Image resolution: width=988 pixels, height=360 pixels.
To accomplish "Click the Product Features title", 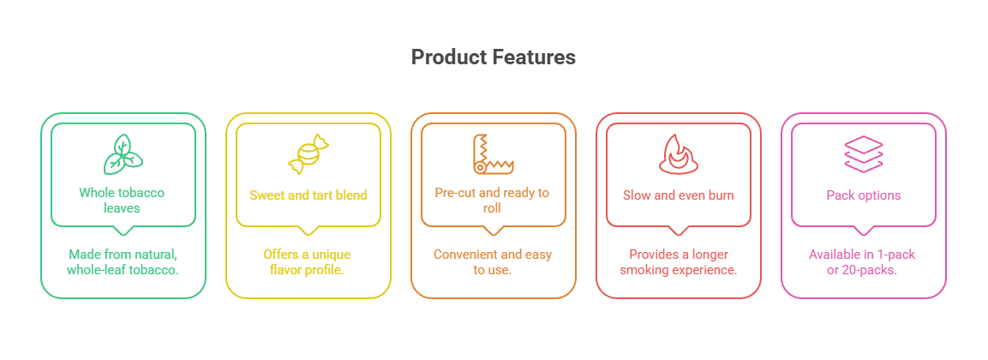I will tap(493, 57).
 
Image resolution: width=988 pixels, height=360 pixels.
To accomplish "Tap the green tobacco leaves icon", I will tap(123, 154).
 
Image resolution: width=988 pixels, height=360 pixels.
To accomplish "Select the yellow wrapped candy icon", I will tap(308, 154).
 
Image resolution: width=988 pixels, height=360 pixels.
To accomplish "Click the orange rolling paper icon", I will tap(493, 153).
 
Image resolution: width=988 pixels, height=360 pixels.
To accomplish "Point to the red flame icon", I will tap(678, 154).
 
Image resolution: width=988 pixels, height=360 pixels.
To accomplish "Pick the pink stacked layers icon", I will tap(863, 154).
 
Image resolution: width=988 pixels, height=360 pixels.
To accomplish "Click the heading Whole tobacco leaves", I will tap(123, 200).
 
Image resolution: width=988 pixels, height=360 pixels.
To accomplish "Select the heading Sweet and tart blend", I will tap(308, 195).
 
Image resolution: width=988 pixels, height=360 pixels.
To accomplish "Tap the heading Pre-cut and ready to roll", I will tap(493, 200).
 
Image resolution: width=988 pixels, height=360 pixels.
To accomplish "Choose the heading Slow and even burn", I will tap(678, 195).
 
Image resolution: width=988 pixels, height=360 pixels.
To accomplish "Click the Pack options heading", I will tap(863, 195).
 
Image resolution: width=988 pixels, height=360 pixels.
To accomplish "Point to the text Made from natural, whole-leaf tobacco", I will tap(123, 262).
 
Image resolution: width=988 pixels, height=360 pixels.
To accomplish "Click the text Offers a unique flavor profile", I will tap(308, 262).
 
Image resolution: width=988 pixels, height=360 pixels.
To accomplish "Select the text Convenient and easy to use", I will tap(493, 262).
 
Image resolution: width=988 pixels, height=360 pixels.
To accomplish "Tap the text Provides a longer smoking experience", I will tap(678, 262).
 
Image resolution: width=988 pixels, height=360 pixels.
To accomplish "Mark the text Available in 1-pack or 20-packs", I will tap(863, 262).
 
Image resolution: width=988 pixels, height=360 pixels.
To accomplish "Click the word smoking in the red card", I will tap(643, 271).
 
